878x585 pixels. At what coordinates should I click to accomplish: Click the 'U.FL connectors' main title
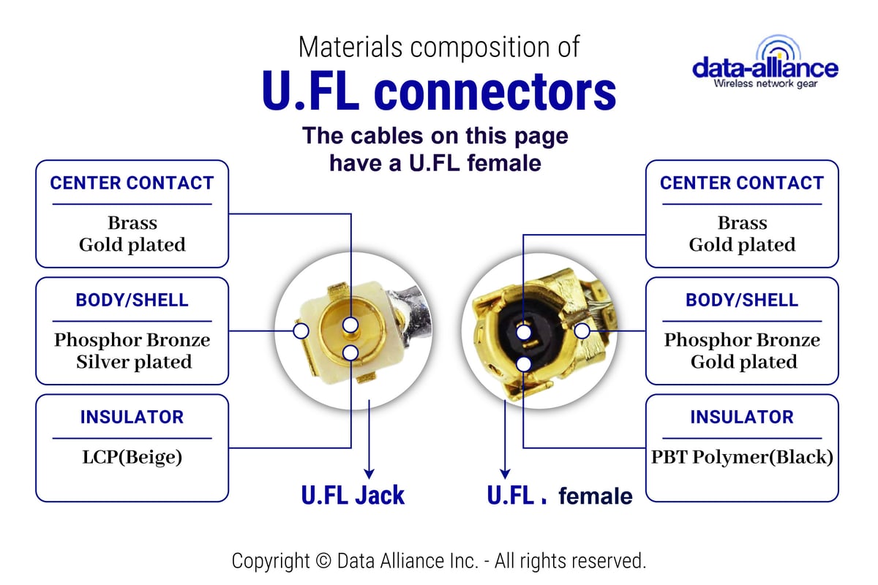point(439,91)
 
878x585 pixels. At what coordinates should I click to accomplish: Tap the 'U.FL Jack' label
point(353,495)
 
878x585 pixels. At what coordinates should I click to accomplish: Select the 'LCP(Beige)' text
point(132,457)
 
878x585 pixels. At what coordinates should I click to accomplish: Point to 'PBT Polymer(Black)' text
point(742,457)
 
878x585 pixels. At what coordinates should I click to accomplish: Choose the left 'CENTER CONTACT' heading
point(132,183)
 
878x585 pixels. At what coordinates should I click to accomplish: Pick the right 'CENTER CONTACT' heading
point(742,183)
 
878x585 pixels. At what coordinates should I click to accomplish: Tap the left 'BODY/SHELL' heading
point(132,300)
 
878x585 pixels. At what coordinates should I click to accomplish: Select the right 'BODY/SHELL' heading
point(742,300)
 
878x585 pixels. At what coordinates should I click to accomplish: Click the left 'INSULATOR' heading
point(132,417)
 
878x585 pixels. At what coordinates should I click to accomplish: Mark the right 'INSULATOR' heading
point(742,417)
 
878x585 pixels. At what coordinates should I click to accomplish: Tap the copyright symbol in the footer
point(323,562)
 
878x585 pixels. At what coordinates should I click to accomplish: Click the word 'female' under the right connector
point(595,497)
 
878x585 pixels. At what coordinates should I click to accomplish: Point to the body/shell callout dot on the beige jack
point(300,331)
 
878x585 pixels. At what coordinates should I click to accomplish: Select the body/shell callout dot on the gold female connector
point(582,331)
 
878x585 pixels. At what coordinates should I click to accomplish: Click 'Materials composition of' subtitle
point(439,47)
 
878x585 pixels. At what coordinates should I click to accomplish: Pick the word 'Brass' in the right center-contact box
point(742,223)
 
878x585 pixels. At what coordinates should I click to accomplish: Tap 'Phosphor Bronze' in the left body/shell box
point(132,340)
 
